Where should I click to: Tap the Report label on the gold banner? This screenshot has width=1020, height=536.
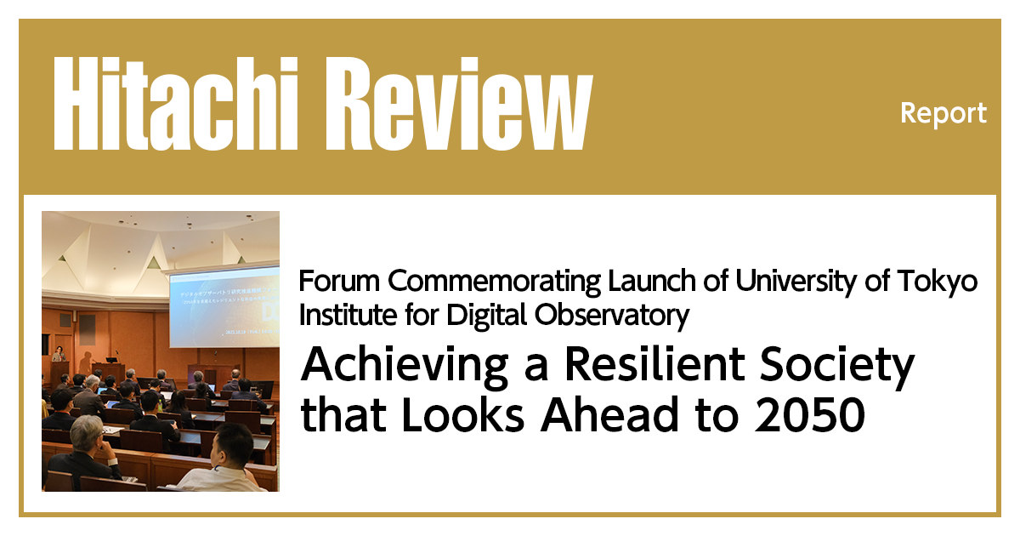943,113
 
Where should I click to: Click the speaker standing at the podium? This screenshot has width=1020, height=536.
58,357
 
